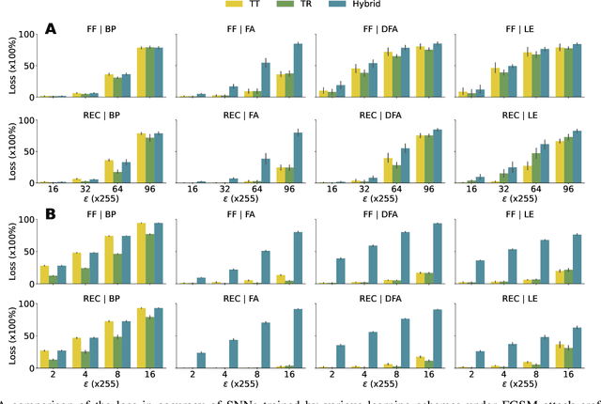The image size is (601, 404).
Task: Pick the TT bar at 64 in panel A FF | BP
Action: (x=108, y=85)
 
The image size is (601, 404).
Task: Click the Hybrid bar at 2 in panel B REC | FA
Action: (x=201, y=360)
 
